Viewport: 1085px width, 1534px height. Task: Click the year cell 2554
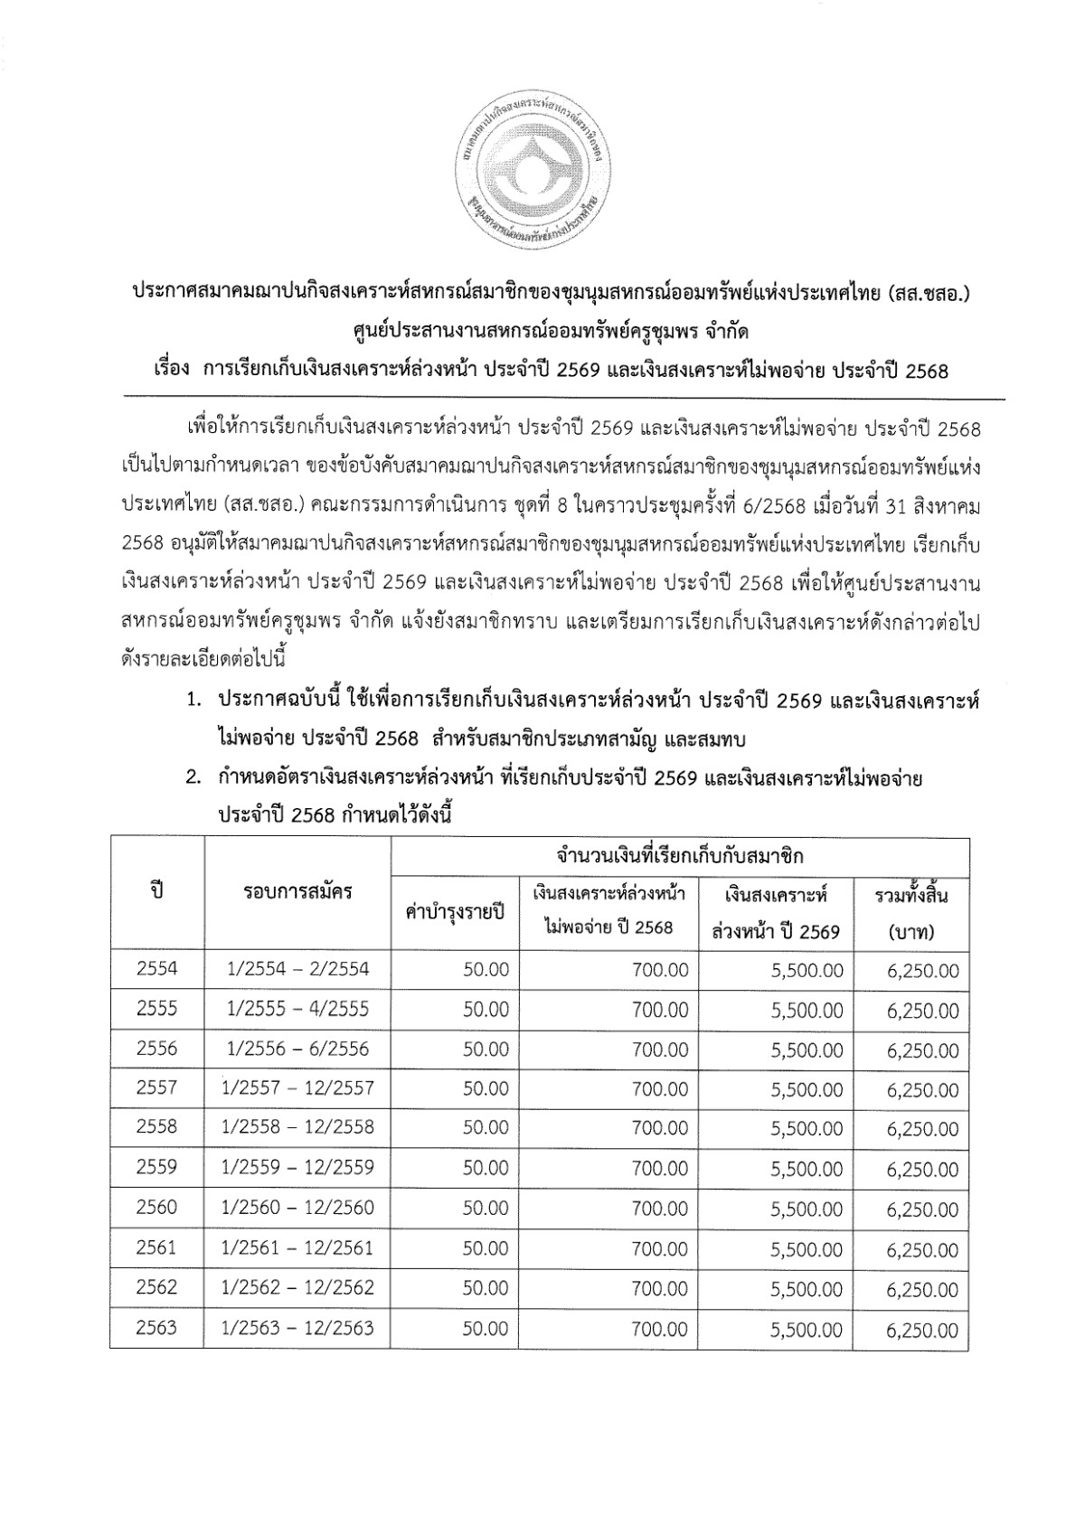pos(157,969)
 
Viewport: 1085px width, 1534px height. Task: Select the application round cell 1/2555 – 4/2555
pos(298,1009)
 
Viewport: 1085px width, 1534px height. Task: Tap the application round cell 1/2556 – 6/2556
pos(298,1049)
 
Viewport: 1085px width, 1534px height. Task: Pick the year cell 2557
pos(157,1088)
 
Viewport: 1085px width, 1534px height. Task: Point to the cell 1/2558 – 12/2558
pos(298,1127)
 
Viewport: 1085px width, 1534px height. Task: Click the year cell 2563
pos(157,1329)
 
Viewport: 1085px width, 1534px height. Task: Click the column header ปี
pos(157,892)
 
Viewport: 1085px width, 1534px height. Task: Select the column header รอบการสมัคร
pos(298,892)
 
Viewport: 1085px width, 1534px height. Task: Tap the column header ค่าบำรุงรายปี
pos(455,912)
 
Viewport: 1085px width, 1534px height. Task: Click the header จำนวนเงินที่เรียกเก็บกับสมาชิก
pos(680,855)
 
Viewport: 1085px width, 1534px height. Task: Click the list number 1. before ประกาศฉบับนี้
pos(193,701)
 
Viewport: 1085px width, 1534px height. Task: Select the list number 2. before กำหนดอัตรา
pos(193,778)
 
